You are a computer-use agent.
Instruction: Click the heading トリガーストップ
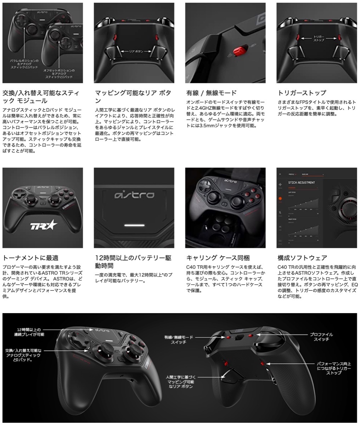tap(302, 93)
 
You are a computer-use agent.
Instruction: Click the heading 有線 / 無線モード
tap(211, 93)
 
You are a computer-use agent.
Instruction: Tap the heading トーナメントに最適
tap(30, 258)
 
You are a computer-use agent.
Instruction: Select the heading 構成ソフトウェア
tap(302, 258)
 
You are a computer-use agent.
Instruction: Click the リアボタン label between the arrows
tap(134, 51)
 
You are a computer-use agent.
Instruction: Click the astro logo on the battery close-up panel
tap(133, 195)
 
